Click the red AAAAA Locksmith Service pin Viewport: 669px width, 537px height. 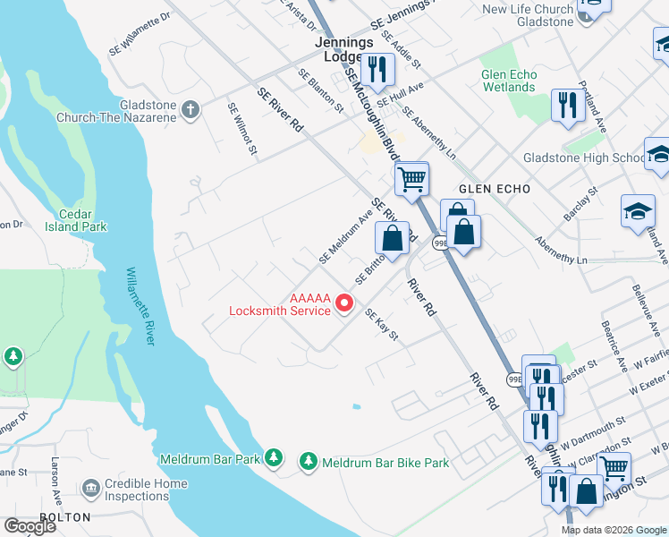click(x=344, y=306)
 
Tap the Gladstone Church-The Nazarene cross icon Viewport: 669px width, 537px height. click(x=190, y=110)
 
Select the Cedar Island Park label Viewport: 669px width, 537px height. click(x=76, y=220)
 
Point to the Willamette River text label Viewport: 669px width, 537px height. click(x=142, y=304)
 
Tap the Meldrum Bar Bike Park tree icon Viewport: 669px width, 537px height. click(x=309, y=461)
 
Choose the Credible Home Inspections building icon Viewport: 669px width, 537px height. click(x=90, y=489)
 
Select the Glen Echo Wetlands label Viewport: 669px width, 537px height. click(x=509, y=81)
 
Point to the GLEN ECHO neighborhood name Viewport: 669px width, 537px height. click(x=495, y=189)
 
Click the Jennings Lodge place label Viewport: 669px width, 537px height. click(x=338, y=48)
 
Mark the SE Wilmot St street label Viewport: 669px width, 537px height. click(x=242, y=130)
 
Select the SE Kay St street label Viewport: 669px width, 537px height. click(x=380, y=326)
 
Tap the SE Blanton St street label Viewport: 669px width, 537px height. click(x=321, y=90)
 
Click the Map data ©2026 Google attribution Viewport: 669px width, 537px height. click(x=613, y=530)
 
